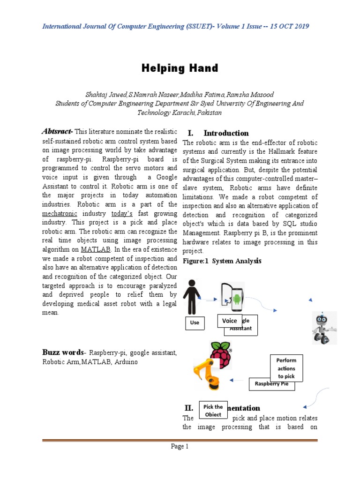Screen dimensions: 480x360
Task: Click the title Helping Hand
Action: pyautogui.click(x=180, y=68)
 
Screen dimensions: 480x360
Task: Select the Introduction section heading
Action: pyautogui.click(x=226, y=133)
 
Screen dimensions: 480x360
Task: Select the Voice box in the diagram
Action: pyautogui.click(x=229, y=321)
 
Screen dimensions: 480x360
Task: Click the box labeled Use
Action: pyautogui.click(x=195, y=323)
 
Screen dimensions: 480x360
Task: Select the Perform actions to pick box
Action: pyautogui.click(x=286, y=368)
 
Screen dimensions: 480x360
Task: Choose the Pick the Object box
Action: pyautogui.click(x=213, y=411)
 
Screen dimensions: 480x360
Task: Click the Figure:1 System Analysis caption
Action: pyautogui.click(x=222, y=261)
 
